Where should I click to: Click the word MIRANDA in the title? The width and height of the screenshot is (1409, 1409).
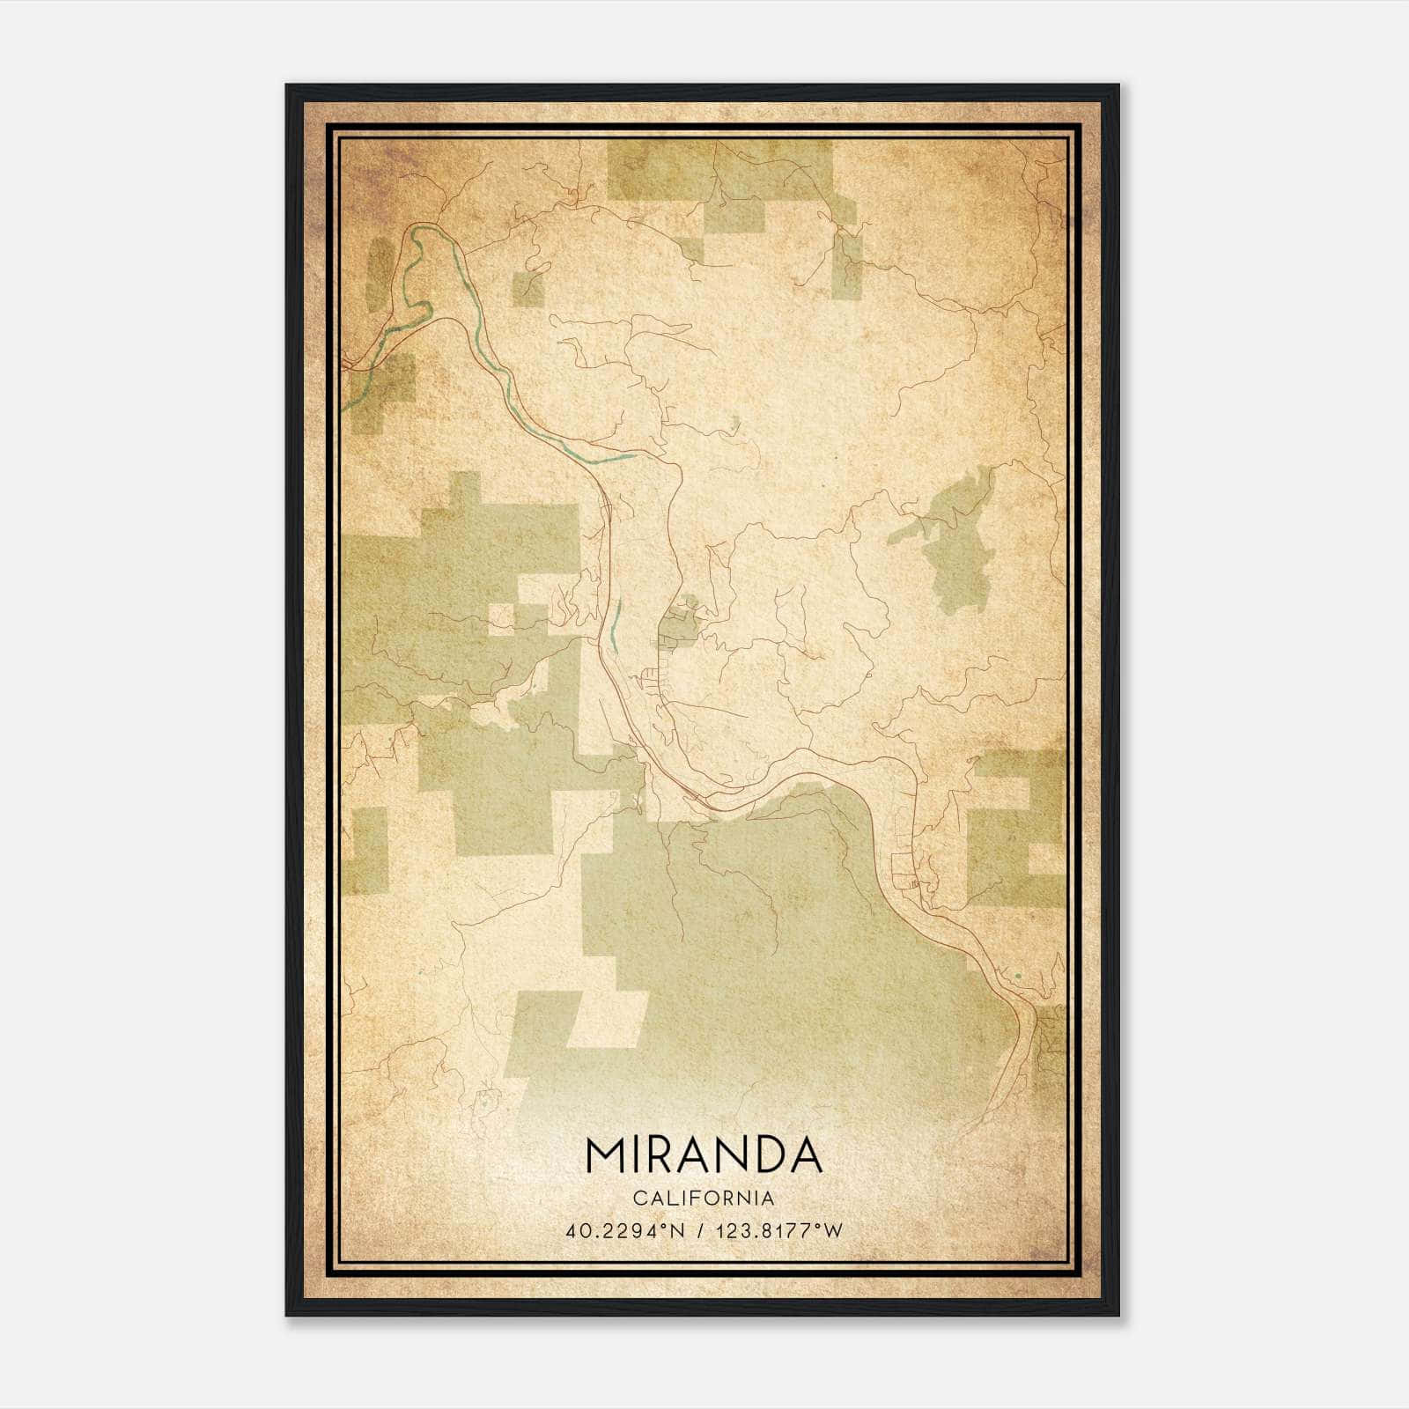704,1156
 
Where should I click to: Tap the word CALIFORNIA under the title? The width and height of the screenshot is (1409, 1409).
704,1199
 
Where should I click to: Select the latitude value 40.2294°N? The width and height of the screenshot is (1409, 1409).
626,1231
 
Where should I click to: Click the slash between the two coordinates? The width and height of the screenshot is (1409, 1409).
701,1231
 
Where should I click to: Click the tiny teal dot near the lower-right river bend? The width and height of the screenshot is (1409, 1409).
1018,976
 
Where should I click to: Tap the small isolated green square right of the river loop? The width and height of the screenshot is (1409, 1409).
528,289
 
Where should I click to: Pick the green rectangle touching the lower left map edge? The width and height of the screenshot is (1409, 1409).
365,850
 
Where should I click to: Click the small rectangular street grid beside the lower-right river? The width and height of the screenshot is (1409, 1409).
905,872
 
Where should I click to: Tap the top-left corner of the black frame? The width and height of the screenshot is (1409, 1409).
288,86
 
